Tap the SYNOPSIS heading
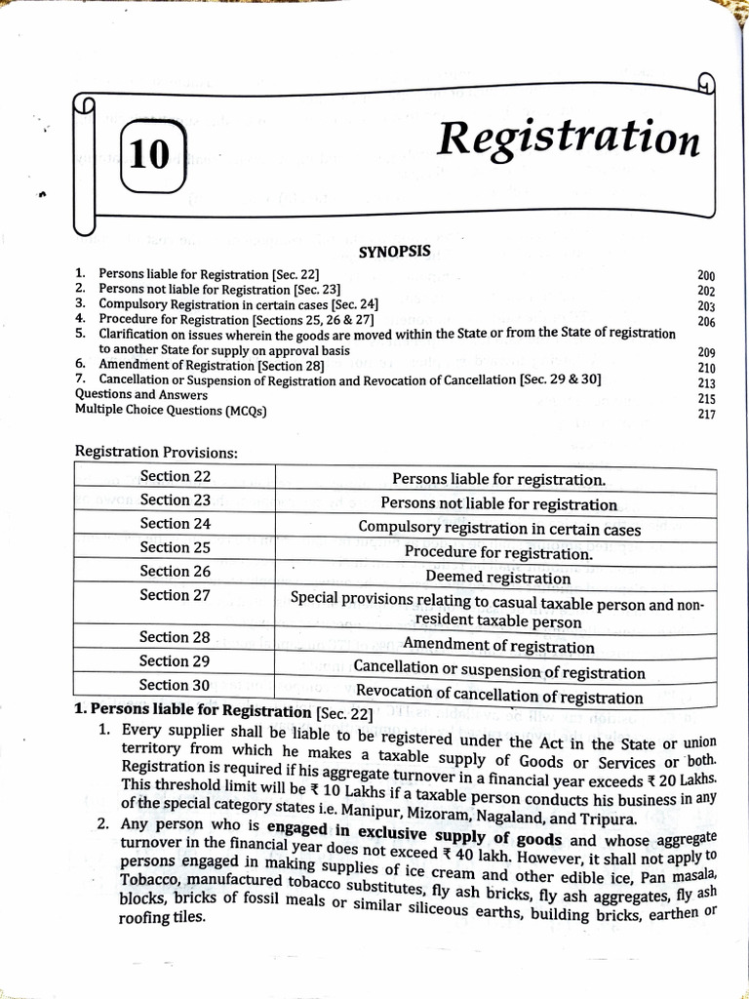[x=394, y=252]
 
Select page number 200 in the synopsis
[x=707, y=277]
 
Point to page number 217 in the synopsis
[x=707, y=415]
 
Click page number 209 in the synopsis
[x=707, y=353]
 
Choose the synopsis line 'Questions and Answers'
[x=140, y=395]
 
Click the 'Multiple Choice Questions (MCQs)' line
[x=171, y=411]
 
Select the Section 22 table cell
[x=176, y=477]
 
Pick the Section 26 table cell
[x=176, y=572]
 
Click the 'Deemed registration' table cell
[x=497, y=578]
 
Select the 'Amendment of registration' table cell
[x=498, y=646]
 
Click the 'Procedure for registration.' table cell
[x=498, y=553]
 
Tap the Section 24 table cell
[x=176, y=524]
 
